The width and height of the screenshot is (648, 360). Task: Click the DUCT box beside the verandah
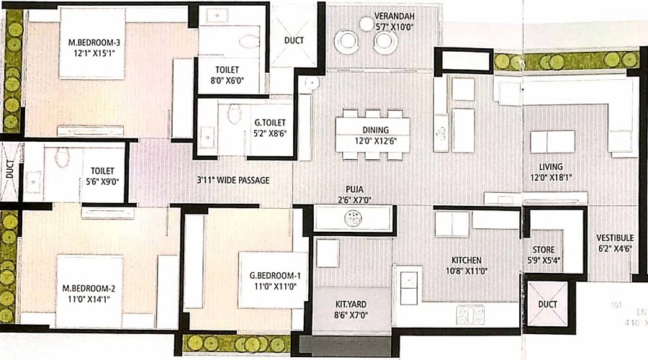coord(293,41)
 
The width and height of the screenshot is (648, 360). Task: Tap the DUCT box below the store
coord(548,305)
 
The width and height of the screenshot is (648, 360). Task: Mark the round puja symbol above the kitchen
coord(353,218)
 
